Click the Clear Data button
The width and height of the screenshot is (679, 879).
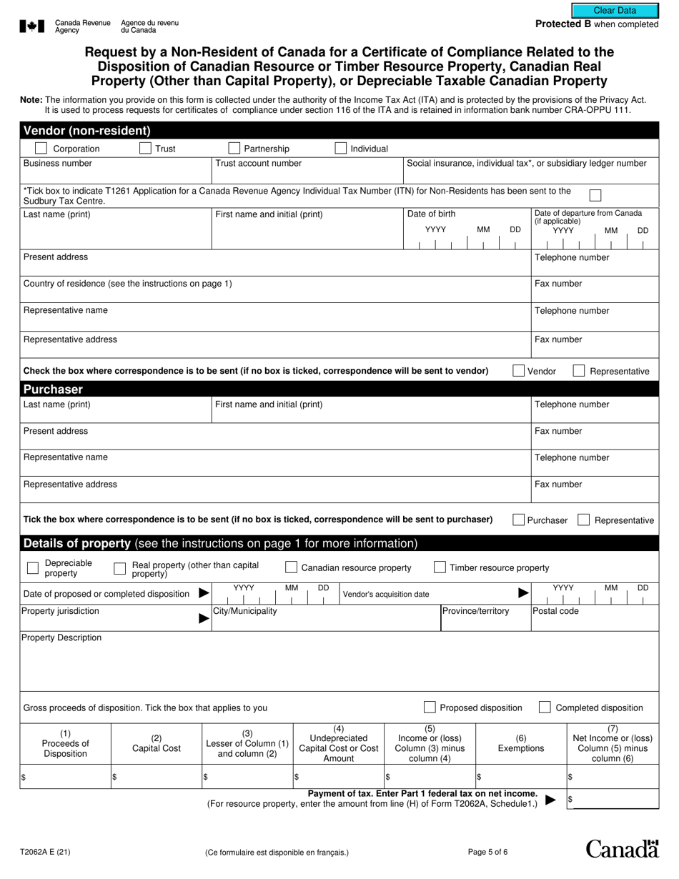coord(615,10)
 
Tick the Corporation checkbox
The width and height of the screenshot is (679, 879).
coord(41,149)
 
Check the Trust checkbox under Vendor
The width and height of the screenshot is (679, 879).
coord(145,149)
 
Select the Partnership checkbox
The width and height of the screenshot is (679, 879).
coord(234,149)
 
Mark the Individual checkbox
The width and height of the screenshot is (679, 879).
coord(341,149)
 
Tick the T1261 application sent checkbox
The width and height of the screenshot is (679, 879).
coord(595,195)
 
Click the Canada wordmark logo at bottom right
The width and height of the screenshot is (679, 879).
coord(622,848)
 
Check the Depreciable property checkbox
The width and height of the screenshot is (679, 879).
coord(32,568)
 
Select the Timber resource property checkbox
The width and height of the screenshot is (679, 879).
coord(440,567)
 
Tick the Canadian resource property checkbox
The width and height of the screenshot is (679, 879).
coord(291,567)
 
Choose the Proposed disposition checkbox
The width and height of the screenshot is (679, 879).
coord(430,707)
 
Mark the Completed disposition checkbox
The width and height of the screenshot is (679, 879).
coord(545,707)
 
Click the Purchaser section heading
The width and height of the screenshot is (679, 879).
coord(53,389)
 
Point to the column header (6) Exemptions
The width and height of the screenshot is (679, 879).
coord(520,743)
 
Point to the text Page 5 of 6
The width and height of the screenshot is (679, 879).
coord(487,852)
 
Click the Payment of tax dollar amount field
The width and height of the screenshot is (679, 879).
coord(612,800)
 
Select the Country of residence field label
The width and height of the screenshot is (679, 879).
coord(128,284)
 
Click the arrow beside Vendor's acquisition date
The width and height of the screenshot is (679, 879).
coord(523,593)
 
